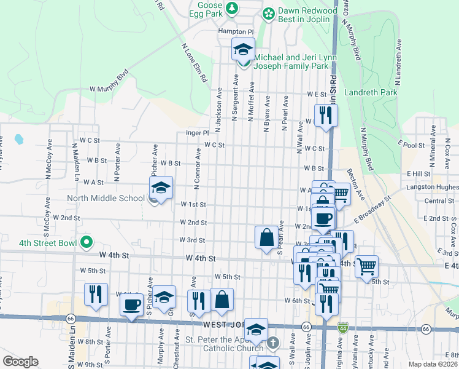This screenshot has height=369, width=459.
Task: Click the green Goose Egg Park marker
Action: [x=232, y=8]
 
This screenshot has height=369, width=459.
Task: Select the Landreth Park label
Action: [x=371, y=93]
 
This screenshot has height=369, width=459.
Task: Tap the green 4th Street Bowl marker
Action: [x=87, y=242]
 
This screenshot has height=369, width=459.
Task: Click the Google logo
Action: [x=20, y=362]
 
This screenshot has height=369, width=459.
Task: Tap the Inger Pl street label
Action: [x=198, y=133]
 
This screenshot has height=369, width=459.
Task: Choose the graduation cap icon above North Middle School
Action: [x=161, y=188]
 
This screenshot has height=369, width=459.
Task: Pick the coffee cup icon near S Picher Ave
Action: [x=133, y=304]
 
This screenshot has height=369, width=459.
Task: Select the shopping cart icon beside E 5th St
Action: [x=366, y=266]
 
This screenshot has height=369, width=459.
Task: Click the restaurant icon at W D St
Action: [x=326, y=115]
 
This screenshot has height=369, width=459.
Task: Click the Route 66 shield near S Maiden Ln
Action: [x=71, y=319]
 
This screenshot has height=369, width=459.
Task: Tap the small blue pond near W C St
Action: [x=18, y=139]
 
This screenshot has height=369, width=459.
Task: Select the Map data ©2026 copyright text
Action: [x=432, y=364]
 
